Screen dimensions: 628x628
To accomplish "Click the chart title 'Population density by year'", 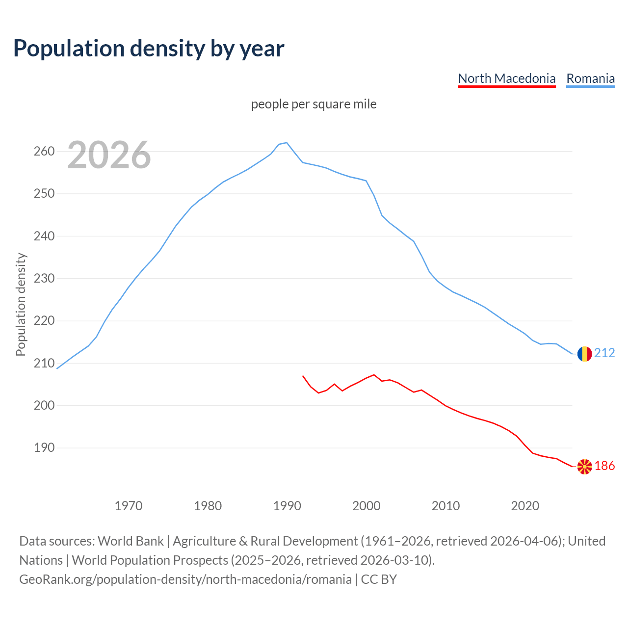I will point(149,49).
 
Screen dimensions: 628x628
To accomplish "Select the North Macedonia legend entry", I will point(506,78).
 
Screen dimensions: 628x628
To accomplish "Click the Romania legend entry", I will point(590,78).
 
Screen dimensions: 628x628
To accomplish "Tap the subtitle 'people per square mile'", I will point(314,104).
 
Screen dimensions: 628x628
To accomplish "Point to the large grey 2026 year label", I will point(109,155).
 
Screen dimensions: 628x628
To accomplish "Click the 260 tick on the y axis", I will point(44,151).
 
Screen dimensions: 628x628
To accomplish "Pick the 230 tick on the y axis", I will point(44,278).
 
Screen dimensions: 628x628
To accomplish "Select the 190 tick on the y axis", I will point(44,448).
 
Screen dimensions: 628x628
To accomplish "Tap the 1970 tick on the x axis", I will point(129,505).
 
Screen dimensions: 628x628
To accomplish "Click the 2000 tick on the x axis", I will point(366,505).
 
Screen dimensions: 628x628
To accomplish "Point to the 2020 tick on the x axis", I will point(525,505).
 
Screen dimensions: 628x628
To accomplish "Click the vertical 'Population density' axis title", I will point(21,304).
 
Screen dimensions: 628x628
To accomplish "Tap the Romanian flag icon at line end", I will point(584,354).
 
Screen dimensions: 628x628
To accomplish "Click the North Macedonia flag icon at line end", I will point(584,466).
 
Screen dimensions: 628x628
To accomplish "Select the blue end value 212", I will point(604,353).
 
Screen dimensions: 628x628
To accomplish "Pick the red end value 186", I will point(604,466).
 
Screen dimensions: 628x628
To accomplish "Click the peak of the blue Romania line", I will point(287,143).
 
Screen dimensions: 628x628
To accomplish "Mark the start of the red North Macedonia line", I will point(303,376).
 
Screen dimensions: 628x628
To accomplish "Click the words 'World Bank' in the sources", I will point(131,541).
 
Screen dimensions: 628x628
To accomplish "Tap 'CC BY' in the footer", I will point(379,579).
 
